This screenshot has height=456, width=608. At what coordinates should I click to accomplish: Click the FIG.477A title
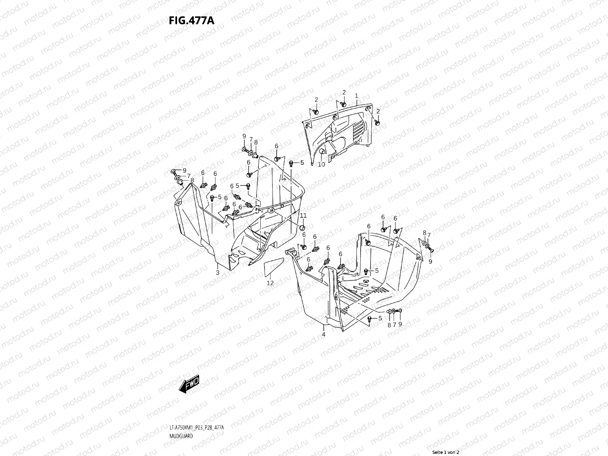point(191,20)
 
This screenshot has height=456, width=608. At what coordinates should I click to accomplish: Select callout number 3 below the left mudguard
point(217,272)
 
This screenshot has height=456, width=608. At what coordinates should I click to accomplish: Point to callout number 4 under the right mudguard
point(323,334)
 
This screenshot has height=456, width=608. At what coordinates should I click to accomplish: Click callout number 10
point(321,165)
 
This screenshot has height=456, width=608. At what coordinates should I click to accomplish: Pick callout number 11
point(303,216)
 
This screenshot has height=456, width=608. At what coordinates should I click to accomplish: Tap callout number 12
point(270,283)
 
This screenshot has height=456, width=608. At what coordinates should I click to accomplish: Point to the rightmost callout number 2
point(378,111)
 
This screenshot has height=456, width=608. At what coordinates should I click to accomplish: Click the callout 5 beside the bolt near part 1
point(302,163)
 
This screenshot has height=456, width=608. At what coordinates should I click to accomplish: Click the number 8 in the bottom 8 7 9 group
point(389,325)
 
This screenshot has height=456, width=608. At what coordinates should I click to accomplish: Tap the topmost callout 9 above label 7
point(244,136)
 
